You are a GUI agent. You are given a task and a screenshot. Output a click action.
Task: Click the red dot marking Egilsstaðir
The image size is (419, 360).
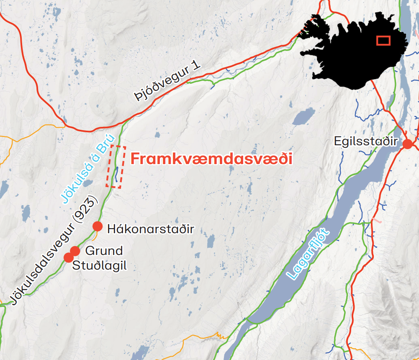[407, 144]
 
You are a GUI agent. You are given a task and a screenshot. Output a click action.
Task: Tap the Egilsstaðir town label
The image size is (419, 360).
[365, 141]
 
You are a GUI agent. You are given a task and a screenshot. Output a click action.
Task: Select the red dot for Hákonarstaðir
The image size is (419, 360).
[98, 226]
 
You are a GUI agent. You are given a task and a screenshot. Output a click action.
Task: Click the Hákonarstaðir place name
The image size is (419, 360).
[151, 229]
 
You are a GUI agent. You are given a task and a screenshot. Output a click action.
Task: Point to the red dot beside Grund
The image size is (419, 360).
[75, 251]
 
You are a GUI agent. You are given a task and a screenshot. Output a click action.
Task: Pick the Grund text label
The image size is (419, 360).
[104, 251]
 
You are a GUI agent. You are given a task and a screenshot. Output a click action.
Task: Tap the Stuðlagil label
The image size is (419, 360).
[100, 265]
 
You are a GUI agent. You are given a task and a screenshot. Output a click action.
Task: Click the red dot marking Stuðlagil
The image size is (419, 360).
[68, 257]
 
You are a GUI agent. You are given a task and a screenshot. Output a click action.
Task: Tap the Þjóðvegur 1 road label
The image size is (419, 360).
[168, 82]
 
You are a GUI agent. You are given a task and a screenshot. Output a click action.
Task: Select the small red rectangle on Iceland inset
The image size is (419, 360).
[383, 40]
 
